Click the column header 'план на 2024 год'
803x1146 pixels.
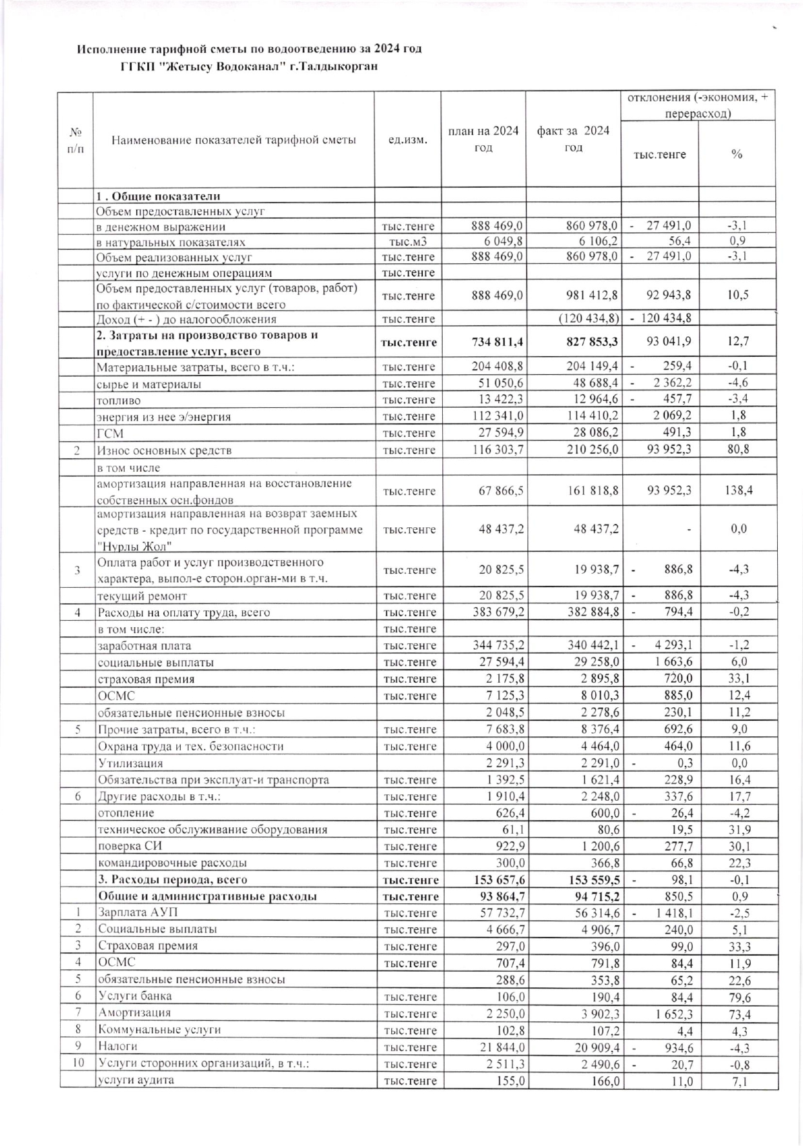tap(483, 139)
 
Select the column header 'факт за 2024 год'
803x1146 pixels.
tap(573, 139)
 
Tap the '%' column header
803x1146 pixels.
tap(737, 154)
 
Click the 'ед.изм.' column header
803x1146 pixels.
tap(408, 140)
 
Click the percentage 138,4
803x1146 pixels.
tap(737, 491)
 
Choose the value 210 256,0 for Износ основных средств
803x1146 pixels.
tap(591, 450)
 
